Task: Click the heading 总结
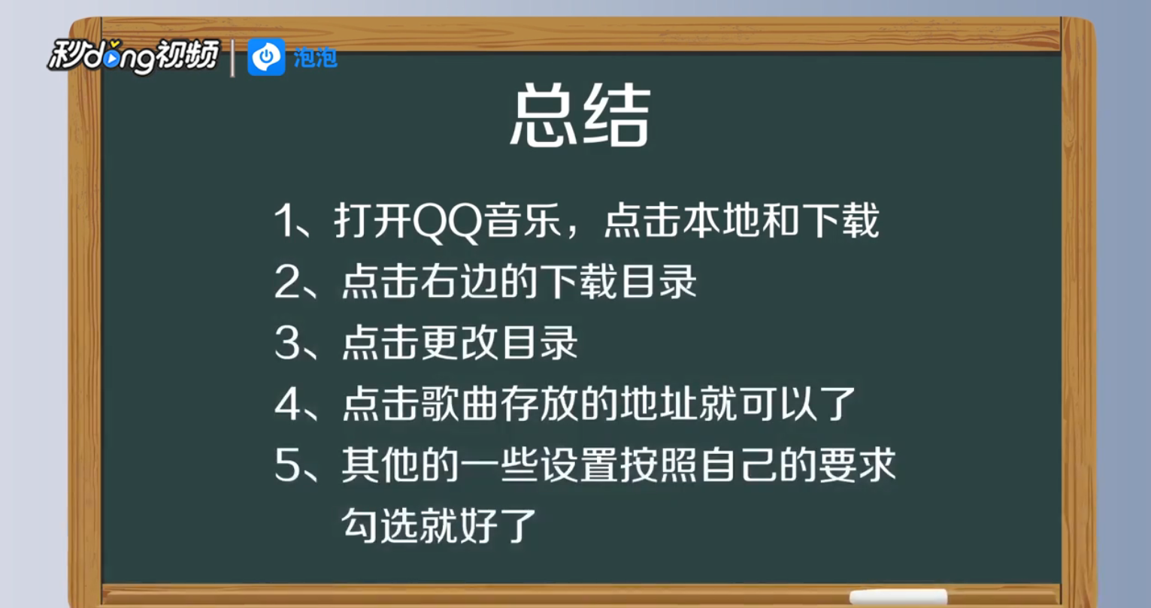tap(580, 116)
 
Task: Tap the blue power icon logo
tap(266, 57)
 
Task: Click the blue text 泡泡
tap(316, 58)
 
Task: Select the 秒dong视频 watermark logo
tap(134, 56)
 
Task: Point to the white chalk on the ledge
tap(898, 596)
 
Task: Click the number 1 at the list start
tap(285, 220)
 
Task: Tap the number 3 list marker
tap(288, 343)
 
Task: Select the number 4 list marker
tap(288, 404)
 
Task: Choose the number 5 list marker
tap(288, 464)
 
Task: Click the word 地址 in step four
tap(658, 404)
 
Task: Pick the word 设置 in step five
tap(579, 464)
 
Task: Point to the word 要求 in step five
tap(857, 464)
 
